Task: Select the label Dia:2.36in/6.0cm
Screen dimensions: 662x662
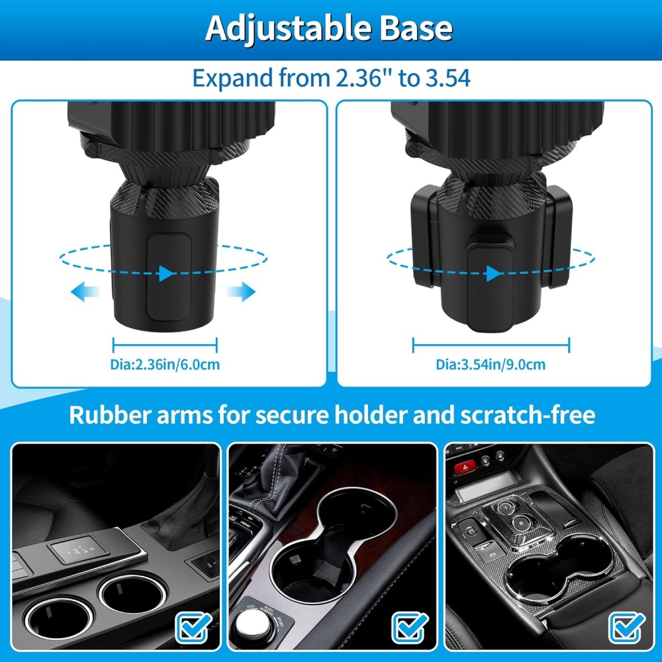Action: tap(165, 364)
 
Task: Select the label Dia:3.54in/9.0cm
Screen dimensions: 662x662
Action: tap(491, 364)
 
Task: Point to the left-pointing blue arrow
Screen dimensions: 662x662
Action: tap(85, 292)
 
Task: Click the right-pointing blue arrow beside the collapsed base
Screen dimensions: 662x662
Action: tap(241, 292)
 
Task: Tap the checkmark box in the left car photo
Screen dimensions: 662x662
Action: tap(193, 628)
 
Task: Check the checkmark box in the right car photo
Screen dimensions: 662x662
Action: tap(627, 628)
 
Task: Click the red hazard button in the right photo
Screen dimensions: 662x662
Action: tap(465, 467)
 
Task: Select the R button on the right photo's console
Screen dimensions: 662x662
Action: tap(522, 524)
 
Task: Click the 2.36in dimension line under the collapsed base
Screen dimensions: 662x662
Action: tap(165, 345)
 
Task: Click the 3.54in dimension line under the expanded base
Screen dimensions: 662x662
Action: tap(491, 345)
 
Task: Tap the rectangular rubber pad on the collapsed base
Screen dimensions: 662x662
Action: tap(168, 277)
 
